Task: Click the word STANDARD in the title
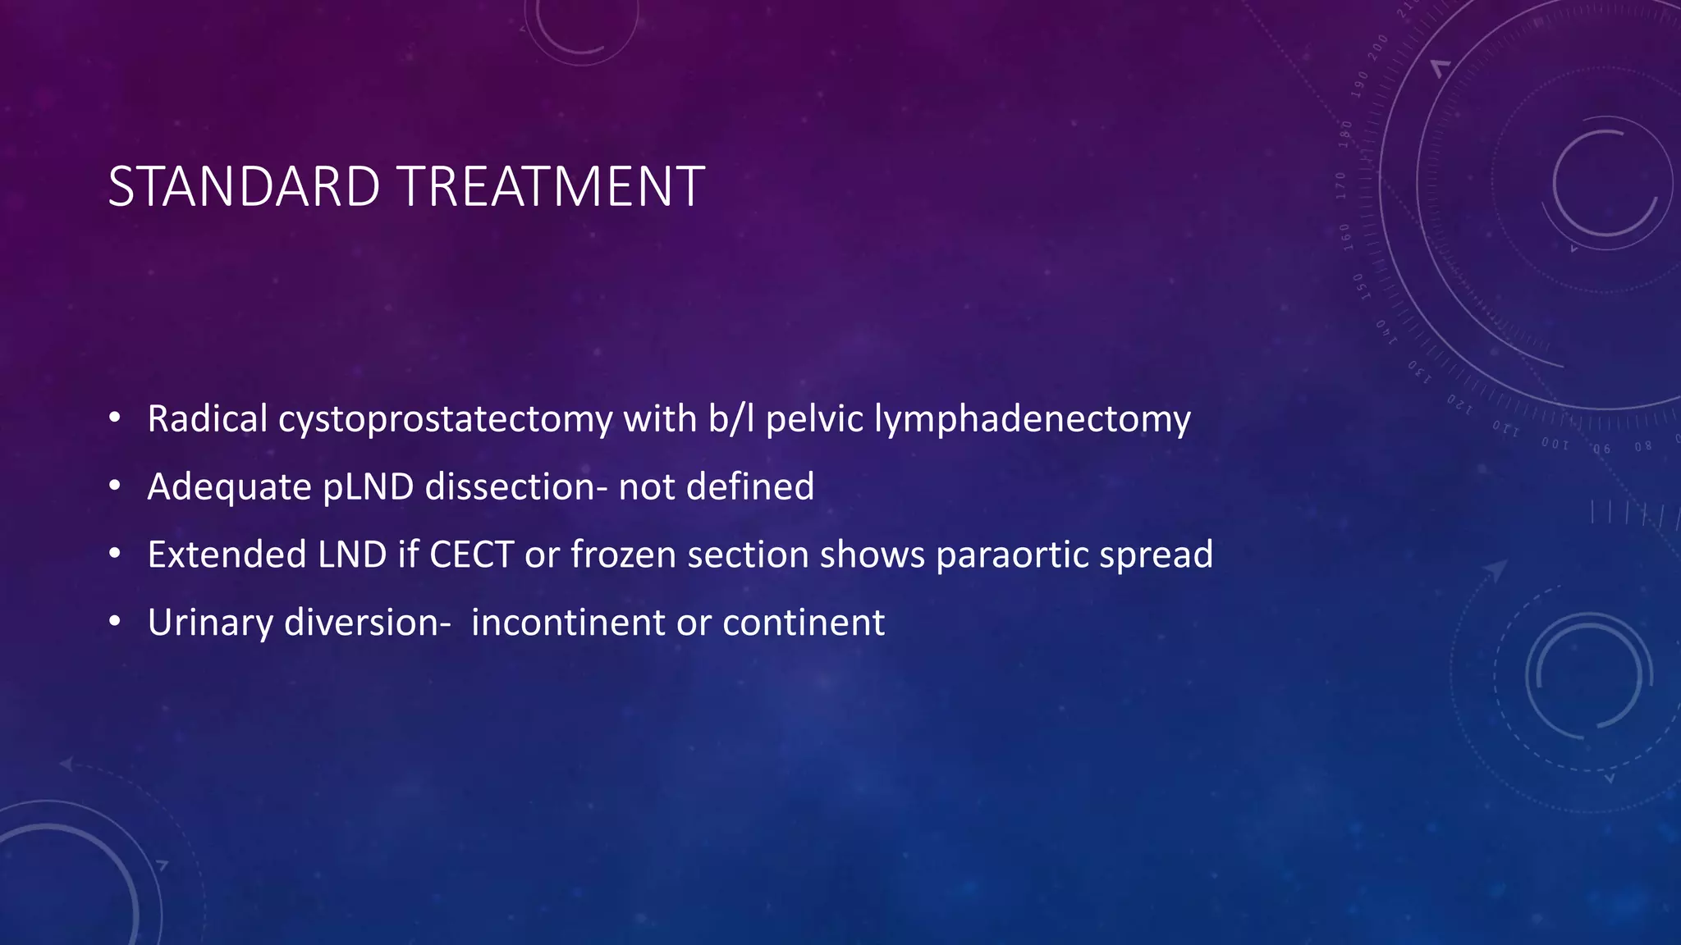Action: pyautogui.click(x=244, y=187)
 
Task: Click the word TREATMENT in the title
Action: pyautogui.click(x=552, y=187)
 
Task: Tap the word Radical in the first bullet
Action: pyautogui.click(x=208, y=419)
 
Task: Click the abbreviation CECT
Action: pyautogui.click(x=471, y=555)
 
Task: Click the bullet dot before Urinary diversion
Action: pyautogui.click(x=115, y=623)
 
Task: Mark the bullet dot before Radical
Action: pyautogui.click(x=115, y=419)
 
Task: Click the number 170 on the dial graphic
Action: pyautogui.click(x=1341, y=185)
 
